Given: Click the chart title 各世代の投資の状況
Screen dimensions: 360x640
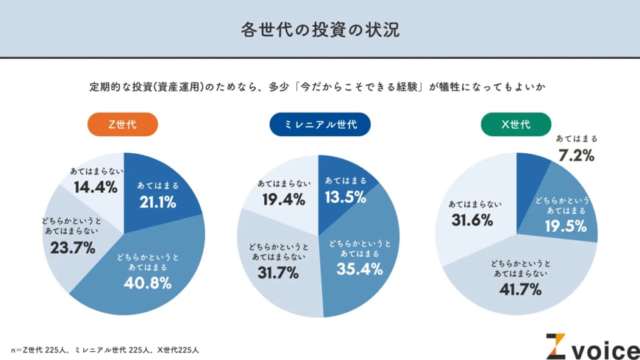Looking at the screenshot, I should click(x=320, y=29).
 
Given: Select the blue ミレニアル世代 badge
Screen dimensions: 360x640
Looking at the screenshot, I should click(x=319, y=124).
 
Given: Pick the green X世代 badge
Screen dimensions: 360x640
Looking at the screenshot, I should click(x=516, y=124).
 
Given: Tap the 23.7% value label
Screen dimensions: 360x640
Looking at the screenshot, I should click(x=73, y=248).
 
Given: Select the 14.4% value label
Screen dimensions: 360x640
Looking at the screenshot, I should click(x=96, y=187).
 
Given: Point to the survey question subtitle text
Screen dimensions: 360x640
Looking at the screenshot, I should click(x=320, y=88).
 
